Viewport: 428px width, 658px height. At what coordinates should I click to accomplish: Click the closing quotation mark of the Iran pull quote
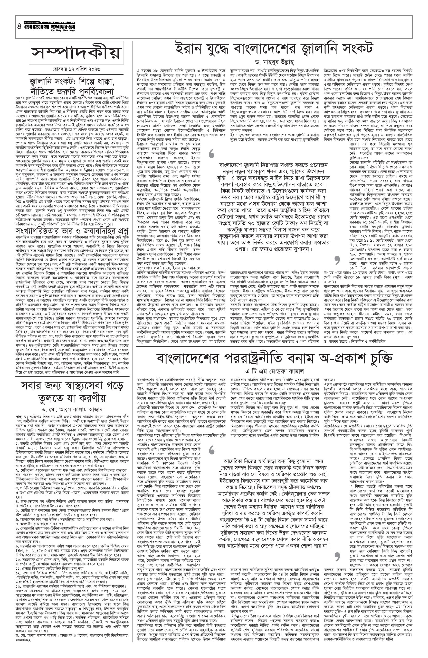[336, 259]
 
